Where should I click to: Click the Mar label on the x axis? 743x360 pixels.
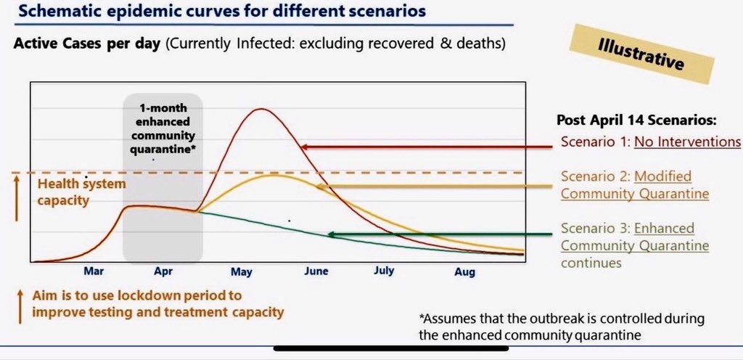click(x=94, y=271)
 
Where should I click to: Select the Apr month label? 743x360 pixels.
click(x=163, y=272)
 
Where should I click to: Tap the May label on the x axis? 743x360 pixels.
click(x=241, y=272)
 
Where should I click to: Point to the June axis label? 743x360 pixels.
click(x=316, y=271)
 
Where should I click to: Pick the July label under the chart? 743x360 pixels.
click(x=383, y=271)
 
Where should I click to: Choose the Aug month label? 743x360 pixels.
click(x=464, y=272)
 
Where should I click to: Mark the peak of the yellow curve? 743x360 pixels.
click(x=274, y=175)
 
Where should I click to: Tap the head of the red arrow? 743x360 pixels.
click(x=302, y=147)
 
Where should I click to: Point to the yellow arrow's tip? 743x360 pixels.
click(x=317, y=187)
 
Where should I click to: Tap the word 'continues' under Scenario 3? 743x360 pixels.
click(x=591, y=263)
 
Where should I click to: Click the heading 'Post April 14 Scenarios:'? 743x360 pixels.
click(x=636, y=120)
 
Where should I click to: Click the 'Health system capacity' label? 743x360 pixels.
click(x=81, y=192)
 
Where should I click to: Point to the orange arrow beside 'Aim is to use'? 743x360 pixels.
click(x=20, y=307)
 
